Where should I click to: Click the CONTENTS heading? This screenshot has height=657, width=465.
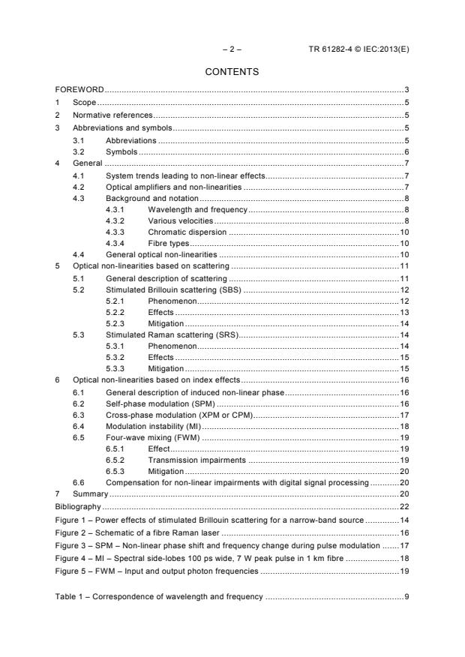pyautogui.click(x=232, y=72)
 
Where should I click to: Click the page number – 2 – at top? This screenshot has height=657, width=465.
pyautogui.click(x=232, y=49)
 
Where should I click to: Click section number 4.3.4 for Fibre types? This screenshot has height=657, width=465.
pyautogui.click(x=117, y=244)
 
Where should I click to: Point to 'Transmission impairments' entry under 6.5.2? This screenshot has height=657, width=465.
pyautogui.click(x=196, y=460)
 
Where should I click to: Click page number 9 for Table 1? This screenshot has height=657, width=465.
pyautogui.click(x=405, y=597)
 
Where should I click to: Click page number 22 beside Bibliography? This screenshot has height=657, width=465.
pyautogui.click(x=403, y=507)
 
